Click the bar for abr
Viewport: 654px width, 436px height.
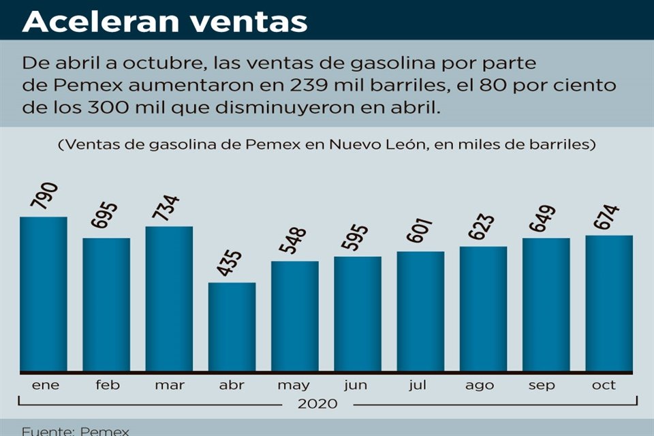pos(232,326)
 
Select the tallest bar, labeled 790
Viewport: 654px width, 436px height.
pos(43,294)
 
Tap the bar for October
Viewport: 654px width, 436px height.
pos(609,303)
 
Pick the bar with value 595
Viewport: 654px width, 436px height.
pos(358,313)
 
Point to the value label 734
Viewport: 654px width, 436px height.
pos(165,208)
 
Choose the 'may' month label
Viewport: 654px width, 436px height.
pos(294,386)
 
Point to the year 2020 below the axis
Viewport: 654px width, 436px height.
pos(317,404)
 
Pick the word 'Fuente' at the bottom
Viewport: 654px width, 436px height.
pos(46,431)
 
